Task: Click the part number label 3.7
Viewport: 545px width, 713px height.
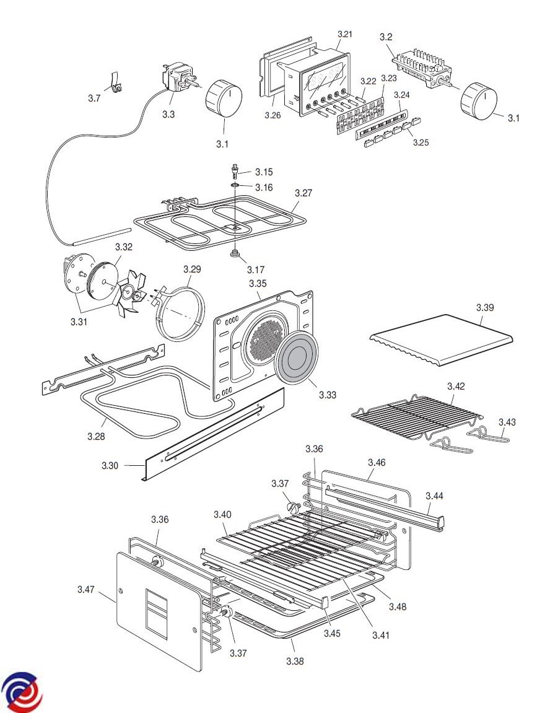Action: coord(94,98)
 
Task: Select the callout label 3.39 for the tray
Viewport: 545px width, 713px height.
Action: coord(486,308)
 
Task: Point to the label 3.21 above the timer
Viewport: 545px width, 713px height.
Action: coord(344,34)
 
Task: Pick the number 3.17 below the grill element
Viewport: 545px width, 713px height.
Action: coord(256,269)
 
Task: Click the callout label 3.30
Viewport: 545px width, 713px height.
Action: coord(111,465)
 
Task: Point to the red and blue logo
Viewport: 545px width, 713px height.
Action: coord(22,691)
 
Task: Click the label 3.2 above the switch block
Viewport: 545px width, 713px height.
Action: coord(386,37)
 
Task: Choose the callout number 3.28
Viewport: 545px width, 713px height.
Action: coord(96,436)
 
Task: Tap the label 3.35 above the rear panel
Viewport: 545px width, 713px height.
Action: coord(258,283)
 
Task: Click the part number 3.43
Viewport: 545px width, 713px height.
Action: coord(507,422)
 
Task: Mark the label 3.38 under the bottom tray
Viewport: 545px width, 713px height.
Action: coord(295,661)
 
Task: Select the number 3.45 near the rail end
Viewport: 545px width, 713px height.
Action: coord(333,633)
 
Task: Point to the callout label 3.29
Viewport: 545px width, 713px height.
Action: coord(193,269)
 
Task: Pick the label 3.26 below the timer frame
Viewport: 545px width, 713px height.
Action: coord(273,115)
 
